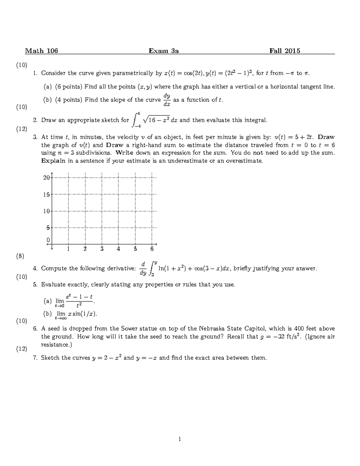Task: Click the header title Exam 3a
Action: (164, 51)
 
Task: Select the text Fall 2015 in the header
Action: (285, 51)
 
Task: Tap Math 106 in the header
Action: (41, 51)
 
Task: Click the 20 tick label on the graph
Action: (46, 177)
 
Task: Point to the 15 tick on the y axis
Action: (46, 194)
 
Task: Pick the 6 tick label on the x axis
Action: (152, 249)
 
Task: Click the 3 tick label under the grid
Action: (102, 249)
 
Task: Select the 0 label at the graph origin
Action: (48, 240)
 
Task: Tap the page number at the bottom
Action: (180, 439)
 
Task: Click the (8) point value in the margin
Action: (20, 256)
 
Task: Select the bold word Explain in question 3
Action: (53, 161)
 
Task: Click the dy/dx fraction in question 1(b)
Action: (167, 100)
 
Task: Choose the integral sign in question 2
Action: (135, 120)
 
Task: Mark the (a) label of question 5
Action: (47, 301)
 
